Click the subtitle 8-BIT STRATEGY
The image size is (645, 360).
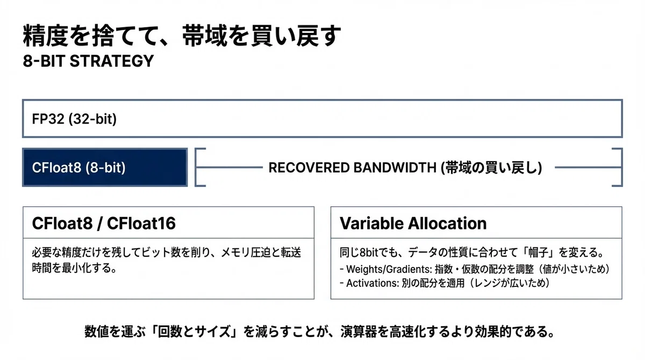tap(88, 61)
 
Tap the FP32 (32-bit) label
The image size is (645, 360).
tap(74, 119)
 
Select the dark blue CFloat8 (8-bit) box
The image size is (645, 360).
tap(105, 167)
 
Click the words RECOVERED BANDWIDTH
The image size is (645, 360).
tap(352, 168)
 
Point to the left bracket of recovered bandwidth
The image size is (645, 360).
tap(196, 167)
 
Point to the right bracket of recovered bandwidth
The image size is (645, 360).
tap(621, 167)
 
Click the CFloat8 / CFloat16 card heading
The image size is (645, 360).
tap(104, 223)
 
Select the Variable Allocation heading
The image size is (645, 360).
tap(413, 223)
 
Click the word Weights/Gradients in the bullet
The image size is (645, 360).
tap(389, 269)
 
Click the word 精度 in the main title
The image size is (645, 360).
tap(45, 35)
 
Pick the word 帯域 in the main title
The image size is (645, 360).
tap(205, 35)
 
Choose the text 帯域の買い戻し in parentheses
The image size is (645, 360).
tap(491, 168)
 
